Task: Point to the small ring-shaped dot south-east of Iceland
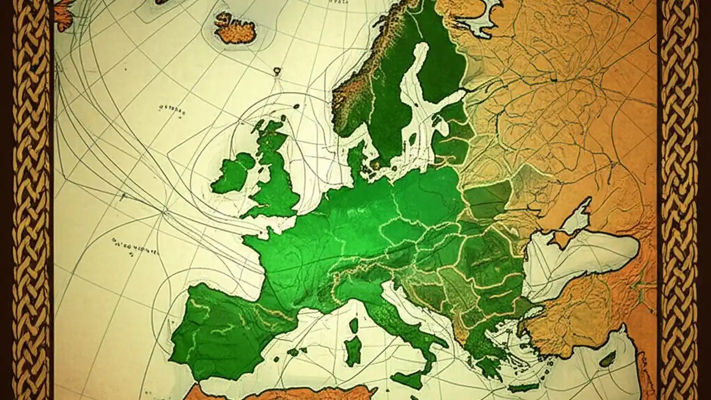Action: tap(277, 71)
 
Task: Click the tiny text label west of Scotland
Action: tap(171, 110)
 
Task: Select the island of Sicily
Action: tap(412, 380)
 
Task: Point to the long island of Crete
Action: tap(522, 387)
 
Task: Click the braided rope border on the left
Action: tap(31, 200)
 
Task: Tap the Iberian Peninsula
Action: tap(222, 328)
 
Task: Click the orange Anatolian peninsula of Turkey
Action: tap(589, 317)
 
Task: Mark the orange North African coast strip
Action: tap(278, 393)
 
